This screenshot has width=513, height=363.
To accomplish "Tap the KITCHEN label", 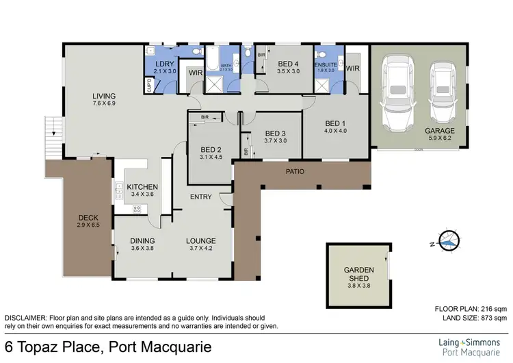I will [x=143, y=187].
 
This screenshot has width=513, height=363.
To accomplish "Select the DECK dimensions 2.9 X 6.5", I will [x=88, y=225].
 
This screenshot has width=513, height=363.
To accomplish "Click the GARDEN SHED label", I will [x=358, y=275].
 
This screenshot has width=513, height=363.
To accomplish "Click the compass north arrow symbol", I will [x=447, y=241].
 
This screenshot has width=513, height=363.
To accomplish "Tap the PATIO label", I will [x=295, y=171].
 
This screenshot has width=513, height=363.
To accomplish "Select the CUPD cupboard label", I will [x=149, y=85].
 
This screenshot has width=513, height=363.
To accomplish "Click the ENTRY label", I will [x=201, y=197].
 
